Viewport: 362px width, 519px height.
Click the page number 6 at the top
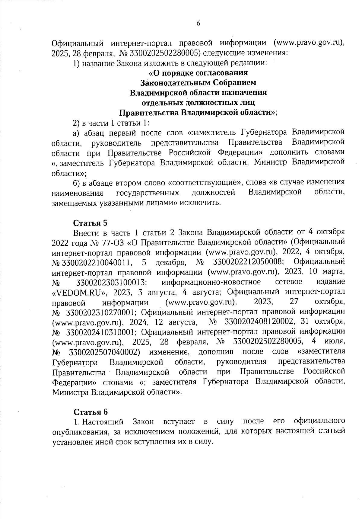point(198,24)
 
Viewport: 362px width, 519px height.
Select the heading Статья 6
point(91,412)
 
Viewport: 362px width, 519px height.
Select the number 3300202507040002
point(104,352)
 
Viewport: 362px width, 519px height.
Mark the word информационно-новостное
point(211,283)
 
